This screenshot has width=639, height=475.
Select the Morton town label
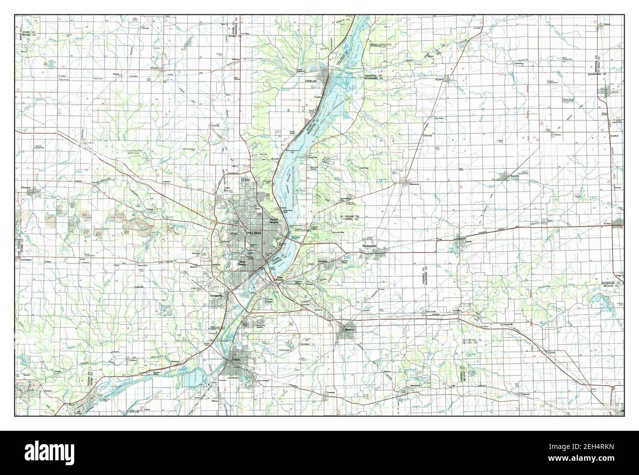[349, 329]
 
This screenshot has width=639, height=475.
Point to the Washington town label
[370, 246]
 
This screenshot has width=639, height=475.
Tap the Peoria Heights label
[274, 221]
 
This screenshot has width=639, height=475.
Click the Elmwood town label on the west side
[26, 188]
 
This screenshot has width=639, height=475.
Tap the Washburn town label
[440, 79]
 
